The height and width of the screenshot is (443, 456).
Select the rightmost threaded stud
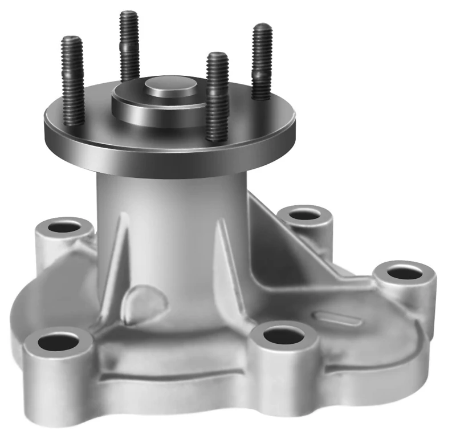(262, 60)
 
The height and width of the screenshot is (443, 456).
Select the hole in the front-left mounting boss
(59, 343)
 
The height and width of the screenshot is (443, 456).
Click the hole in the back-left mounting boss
(64, 227)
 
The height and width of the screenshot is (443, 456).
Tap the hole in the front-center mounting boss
(283, 335)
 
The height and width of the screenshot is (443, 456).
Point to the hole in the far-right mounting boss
(404, 273)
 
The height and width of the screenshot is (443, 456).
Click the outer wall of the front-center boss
(283, 365)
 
